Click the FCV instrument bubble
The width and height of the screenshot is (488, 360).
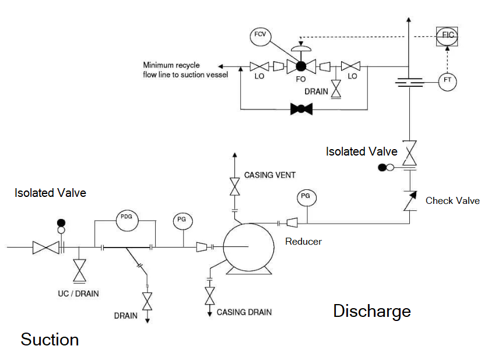point(259,36)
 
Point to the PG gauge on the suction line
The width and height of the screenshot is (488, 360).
point(182,220)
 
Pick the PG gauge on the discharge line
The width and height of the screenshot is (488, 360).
point(305,197)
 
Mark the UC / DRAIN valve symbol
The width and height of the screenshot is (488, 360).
point(79,270)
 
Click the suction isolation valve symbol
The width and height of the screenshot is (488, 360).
point(44,248)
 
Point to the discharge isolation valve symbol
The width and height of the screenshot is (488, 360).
point(410,153)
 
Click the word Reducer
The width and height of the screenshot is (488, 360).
point(303,241)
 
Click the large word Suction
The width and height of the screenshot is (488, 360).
point(50,339)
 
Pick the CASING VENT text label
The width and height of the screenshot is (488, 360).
point(269,175)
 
